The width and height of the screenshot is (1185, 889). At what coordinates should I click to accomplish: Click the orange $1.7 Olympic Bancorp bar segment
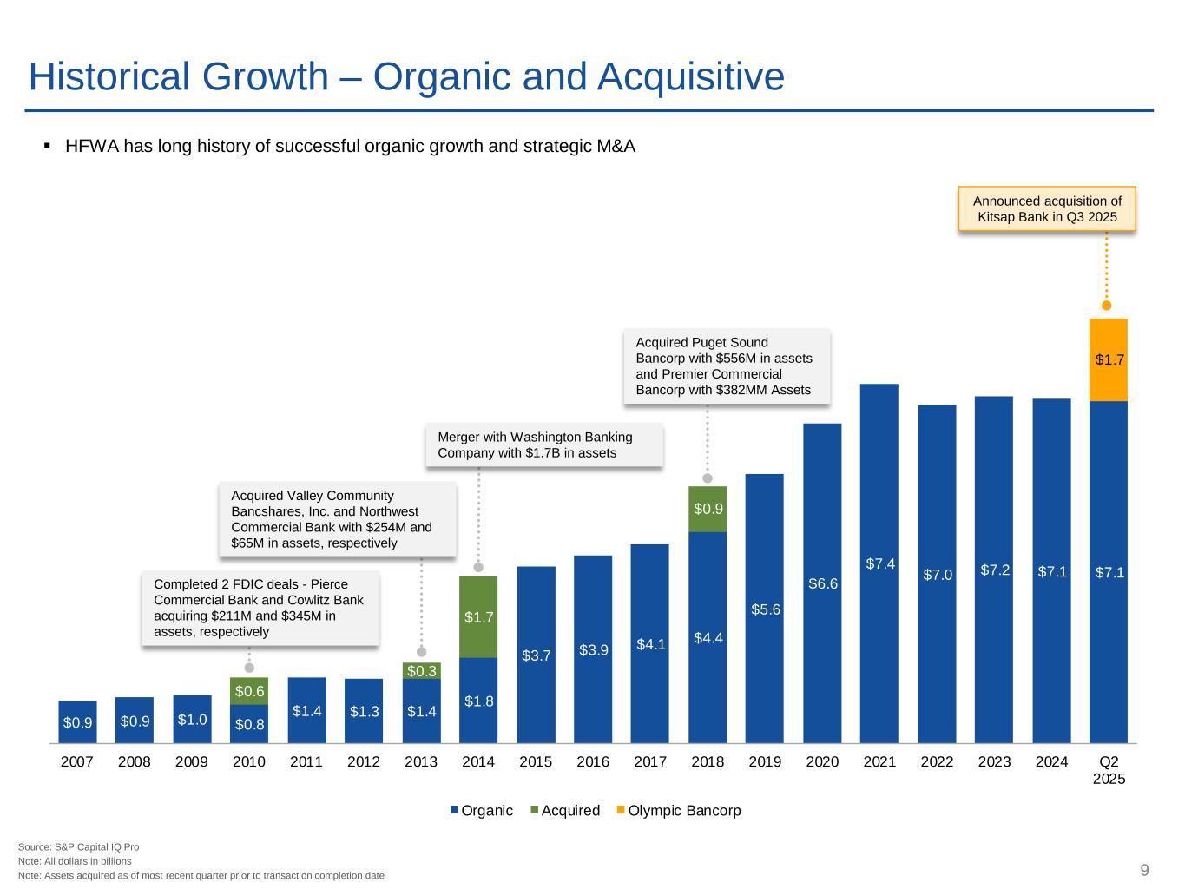point(1109,359)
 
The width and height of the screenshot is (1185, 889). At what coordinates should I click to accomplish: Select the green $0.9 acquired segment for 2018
point(708,509)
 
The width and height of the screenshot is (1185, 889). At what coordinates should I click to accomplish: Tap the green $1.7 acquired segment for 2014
point(478,616)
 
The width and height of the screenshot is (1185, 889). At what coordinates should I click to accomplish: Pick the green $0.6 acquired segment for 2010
point(249,691)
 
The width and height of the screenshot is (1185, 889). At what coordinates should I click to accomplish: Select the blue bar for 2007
point(77,721)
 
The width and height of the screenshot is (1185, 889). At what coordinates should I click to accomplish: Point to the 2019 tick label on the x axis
point(765,762)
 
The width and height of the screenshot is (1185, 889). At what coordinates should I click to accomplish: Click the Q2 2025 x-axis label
point(1109,770)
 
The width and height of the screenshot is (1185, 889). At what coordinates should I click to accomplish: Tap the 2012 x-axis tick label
point(364,762)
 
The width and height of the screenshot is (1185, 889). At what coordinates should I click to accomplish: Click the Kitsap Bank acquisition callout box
point(1047,208)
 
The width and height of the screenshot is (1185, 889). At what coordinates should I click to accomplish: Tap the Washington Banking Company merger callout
point(544,444)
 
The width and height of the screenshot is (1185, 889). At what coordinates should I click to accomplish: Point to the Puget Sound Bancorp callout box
point(727,366)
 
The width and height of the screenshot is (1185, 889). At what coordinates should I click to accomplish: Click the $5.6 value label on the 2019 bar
point(766,609)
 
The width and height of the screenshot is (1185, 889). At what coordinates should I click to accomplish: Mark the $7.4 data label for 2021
point(880,564)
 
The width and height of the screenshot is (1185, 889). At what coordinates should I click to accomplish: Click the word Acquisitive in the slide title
point(691,76)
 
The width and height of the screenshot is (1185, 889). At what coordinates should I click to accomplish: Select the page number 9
point(1145,871)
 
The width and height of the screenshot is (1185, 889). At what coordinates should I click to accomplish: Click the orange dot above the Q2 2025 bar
point(1107,305)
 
